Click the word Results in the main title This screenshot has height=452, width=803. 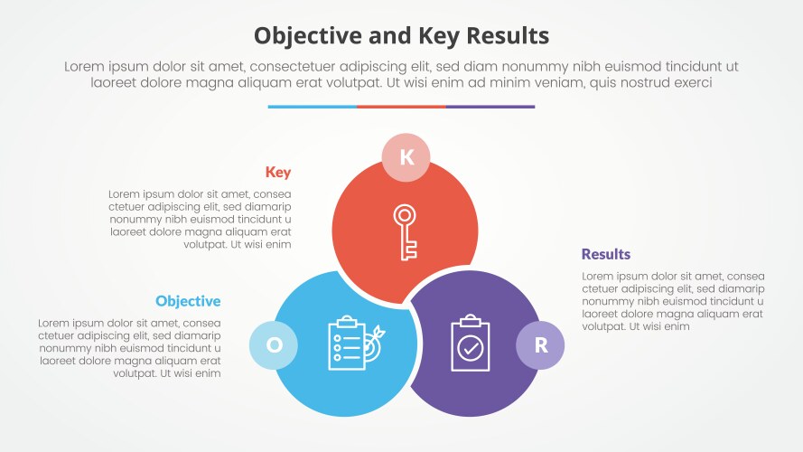[x=504, y=35]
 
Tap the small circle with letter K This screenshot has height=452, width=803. [x=406, y=157]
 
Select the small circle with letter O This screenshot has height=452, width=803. [x=273, y=344]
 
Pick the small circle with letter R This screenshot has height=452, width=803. [x=540, y=344]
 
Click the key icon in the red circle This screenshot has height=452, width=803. [x=405, y=232]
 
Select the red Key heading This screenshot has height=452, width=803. [x=278, y=173]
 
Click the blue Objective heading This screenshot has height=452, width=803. [x=188, y=301]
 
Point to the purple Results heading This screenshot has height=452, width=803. [x=606, y=254]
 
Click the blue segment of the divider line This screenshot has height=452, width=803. [x=312, y=107]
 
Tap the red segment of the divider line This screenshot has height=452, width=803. [x=401, y=107]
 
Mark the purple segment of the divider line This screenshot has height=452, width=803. [x=490, y=107]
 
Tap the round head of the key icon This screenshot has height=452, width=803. [x=405, y=215]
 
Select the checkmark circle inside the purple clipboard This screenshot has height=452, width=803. [x=470, y=348]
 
